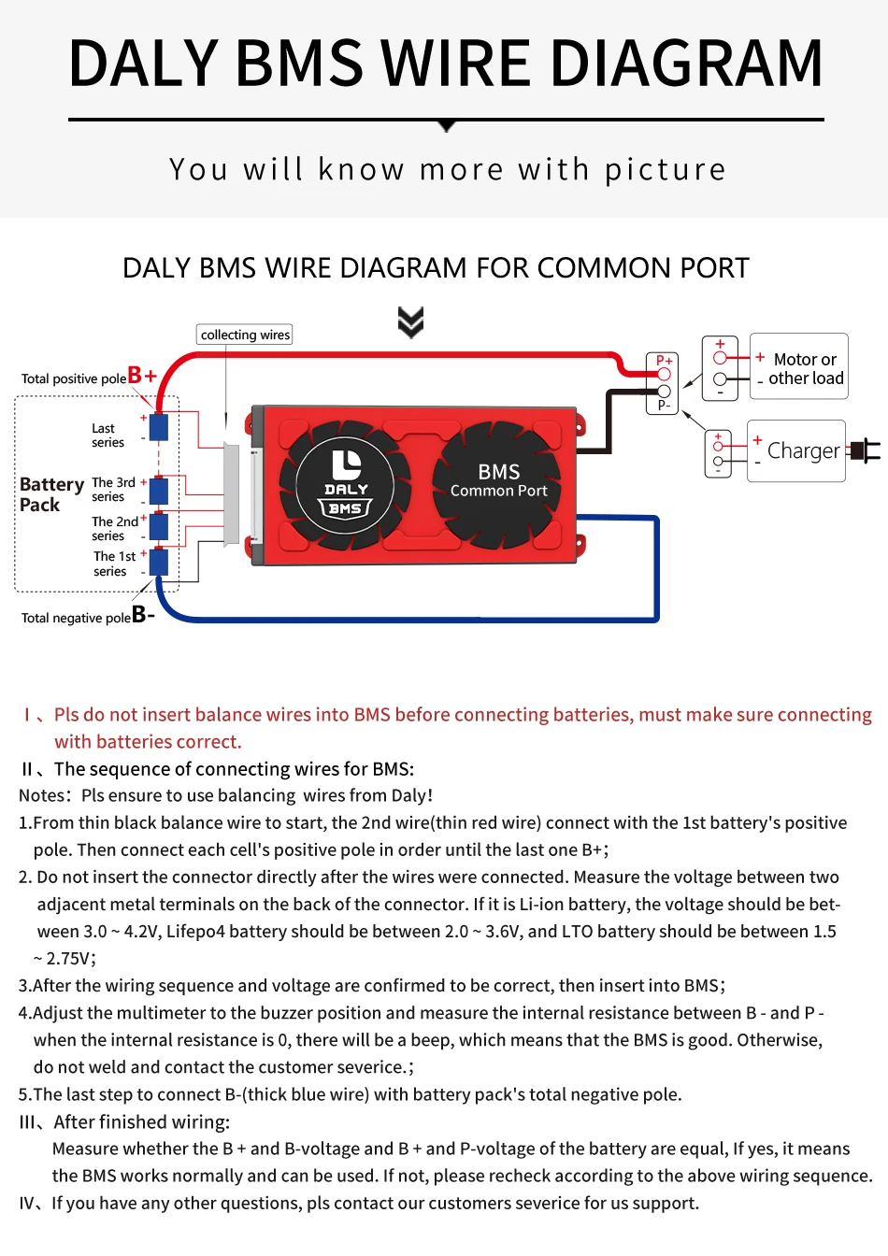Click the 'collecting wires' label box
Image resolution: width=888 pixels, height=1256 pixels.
coord(245,335)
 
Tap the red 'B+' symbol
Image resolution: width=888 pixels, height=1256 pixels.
coord(142,376)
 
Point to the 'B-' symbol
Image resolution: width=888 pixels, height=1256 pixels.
coord(143,614)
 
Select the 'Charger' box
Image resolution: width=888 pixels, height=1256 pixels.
coord(796,451)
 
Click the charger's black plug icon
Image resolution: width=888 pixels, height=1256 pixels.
coord(867,451)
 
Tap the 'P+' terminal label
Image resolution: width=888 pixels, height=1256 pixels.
coord(664,361)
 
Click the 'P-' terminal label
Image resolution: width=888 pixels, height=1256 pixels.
coord(663,405)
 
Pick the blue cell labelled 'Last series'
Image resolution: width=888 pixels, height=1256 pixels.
coord(159,427)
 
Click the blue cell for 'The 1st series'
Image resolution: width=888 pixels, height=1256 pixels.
coord(159,563)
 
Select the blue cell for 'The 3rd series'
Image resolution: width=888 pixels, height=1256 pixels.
coord(159,490)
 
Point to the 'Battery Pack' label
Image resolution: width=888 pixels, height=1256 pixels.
coord(50,494)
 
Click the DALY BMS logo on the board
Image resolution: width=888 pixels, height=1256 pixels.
coord(346,482)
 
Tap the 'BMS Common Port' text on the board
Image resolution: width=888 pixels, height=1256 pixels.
coord(499,480)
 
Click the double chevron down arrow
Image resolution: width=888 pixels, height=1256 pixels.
coord(411,321)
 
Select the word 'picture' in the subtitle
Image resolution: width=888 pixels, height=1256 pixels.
coord(665,169)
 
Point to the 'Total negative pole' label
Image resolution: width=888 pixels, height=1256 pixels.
coord(76,618)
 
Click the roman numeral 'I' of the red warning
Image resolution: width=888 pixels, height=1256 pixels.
coord(27,715)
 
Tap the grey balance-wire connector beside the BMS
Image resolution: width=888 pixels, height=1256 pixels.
coord(231,493)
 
